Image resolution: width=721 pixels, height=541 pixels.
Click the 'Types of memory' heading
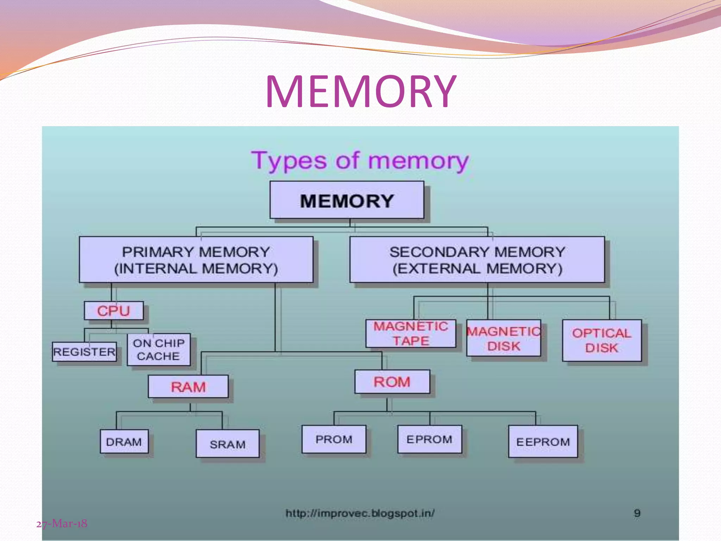click(x=360, y=161)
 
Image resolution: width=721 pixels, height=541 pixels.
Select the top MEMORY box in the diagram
click(x=347, y=200)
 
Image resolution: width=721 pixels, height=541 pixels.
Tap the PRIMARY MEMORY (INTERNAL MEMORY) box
click(x=196, y=260)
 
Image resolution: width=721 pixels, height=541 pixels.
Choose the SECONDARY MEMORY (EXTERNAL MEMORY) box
click(x=477, y=260)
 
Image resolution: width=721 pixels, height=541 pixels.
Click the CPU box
click(x=114, y=311)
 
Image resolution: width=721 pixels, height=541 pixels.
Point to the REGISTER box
click(x=84, y=352)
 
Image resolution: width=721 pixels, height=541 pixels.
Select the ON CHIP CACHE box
click(x=158, y=349)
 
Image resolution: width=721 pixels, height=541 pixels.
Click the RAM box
click(x=188, y=387)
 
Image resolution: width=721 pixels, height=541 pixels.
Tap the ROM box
click(x=392, y=381)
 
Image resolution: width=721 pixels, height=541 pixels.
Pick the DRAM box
click(x=124, y=441)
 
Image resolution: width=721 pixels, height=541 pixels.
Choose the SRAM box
click(x=227, y=444)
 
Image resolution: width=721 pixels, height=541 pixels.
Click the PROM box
click(x=334, y=439)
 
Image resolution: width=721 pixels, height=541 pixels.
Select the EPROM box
click(x=430, y=439)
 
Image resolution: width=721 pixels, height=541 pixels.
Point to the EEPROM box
click(x=543, y=441)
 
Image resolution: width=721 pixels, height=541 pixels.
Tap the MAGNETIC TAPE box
click(x=410, y=334)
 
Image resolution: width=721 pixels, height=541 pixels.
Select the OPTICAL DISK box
click(x=602, y=340)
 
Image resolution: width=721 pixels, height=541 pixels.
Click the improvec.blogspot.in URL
click(x=360, y=513)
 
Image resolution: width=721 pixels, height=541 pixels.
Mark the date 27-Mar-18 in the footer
click(x=62, y=524)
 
